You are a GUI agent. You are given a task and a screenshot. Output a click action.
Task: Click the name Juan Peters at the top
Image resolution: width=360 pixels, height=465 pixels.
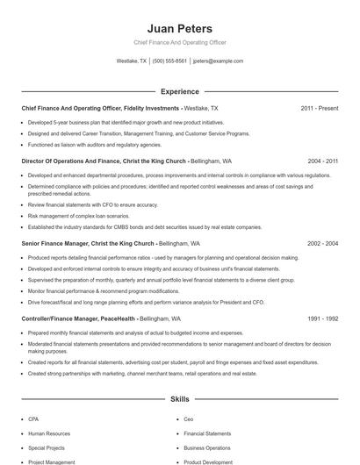coord(179,29)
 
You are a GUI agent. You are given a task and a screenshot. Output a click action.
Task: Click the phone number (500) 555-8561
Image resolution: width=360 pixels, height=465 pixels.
coord(169,61)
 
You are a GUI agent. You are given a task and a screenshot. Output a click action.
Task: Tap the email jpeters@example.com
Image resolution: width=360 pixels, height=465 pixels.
coord(218,61)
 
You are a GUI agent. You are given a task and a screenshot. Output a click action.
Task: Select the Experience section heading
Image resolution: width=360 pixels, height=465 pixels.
coord(179,91)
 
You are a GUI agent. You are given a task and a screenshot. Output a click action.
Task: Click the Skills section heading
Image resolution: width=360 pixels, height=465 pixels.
coord(179,399)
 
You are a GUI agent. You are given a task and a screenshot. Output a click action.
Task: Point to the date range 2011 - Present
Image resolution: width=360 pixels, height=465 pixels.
coord(319,108)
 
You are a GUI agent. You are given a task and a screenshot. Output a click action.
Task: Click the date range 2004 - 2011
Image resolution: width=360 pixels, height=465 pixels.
coord(322,161)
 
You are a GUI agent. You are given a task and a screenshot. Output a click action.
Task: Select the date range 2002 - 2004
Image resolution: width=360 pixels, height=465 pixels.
coord(322,243)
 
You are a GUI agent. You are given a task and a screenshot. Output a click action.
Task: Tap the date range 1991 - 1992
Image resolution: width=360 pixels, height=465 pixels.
coord(322,319)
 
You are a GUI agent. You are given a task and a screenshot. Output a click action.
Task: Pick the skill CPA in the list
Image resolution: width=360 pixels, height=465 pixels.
coord(33,419)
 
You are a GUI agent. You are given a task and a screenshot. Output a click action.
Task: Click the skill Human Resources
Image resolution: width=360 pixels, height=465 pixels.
coord(48,433)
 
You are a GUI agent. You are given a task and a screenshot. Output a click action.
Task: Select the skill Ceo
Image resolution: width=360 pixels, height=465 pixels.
coord(189,419)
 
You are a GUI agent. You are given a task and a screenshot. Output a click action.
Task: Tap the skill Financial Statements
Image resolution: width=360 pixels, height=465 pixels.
coord(206,433)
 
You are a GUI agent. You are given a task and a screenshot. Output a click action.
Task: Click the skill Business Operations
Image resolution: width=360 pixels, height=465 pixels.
coord(207,447)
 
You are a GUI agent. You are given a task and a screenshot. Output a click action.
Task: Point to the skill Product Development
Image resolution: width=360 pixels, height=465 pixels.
coord(208,461)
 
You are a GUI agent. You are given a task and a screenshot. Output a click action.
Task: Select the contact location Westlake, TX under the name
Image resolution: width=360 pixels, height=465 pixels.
coord(132,61)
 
